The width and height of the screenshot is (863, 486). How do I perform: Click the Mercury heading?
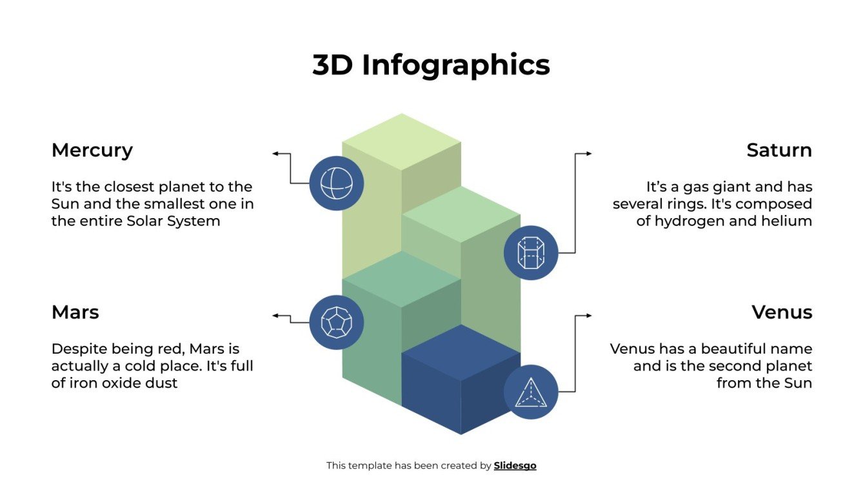92,150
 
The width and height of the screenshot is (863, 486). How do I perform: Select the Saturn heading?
779,150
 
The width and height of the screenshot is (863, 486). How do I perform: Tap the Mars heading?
75,312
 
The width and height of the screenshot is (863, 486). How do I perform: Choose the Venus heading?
782,312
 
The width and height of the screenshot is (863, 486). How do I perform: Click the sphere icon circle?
337,183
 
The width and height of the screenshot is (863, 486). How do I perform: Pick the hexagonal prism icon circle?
531,253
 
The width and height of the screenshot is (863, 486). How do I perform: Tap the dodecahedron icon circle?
337,322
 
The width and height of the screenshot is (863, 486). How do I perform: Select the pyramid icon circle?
531,392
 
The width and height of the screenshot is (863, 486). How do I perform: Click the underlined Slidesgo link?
515,465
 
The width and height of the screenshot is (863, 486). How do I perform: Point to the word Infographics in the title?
456,65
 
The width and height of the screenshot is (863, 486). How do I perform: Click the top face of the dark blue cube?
461,352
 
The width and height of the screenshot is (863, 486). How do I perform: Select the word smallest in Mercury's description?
173,204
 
